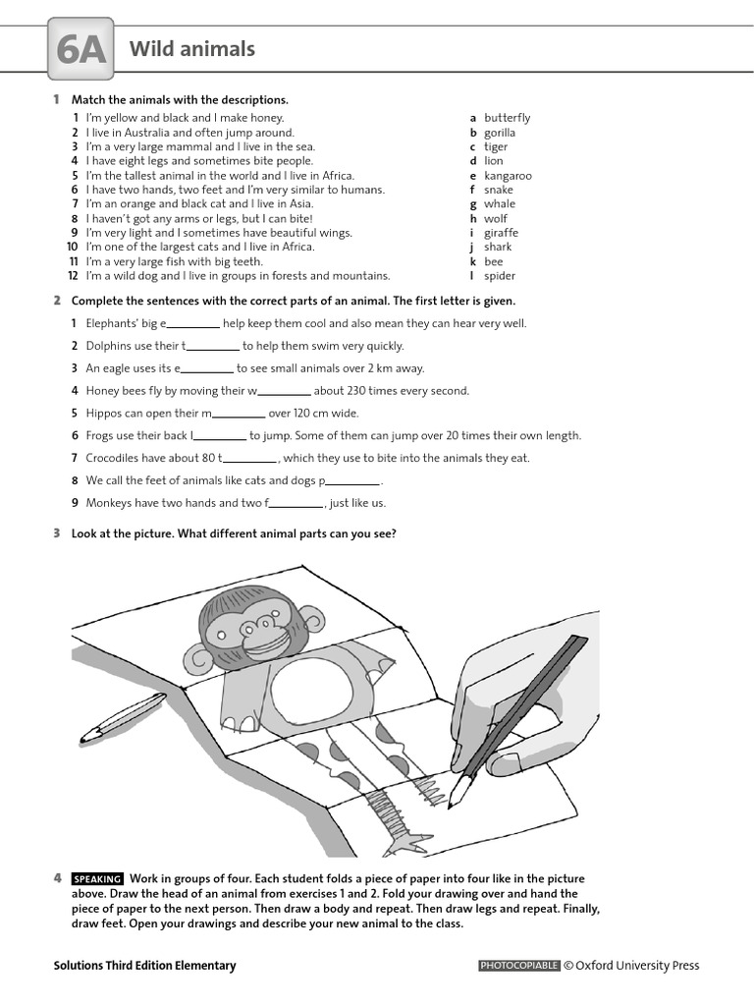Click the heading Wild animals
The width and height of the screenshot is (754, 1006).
(191, 48)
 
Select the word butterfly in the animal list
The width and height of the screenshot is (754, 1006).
(507, 118)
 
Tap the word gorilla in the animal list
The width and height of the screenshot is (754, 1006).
(499, 133)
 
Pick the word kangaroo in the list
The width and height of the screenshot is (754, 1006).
(508, 176)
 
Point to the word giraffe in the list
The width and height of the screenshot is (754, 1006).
(501, 233)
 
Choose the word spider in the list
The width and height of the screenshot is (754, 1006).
(500, 276)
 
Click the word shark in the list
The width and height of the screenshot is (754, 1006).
(498, 248)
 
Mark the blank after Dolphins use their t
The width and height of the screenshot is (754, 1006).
(213, 347)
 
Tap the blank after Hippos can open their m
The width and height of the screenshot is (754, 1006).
(239, 414)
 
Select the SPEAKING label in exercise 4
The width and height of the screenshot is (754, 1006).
(97, 879)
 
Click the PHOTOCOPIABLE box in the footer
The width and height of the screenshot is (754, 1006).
(518, 966)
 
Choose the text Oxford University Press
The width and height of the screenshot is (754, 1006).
(637, 966)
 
